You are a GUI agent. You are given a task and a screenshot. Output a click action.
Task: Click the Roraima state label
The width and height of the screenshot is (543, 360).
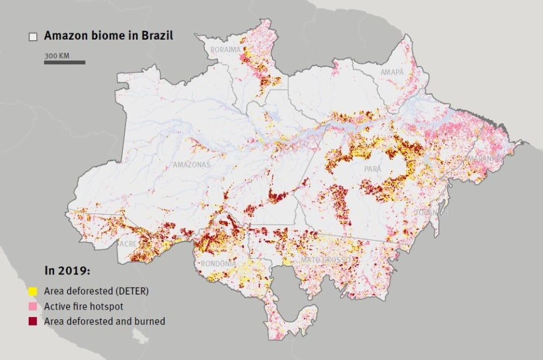(x=226, y=50)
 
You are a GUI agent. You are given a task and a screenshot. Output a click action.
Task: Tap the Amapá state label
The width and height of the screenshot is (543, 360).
(x=392, y=72)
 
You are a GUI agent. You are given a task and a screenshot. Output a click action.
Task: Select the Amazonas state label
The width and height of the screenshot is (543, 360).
(x=192, y=165)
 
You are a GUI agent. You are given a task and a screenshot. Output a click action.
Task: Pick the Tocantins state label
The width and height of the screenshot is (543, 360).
(x=434, y=213)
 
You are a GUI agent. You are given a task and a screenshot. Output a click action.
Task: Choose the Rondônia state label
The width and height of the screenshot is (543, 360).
(x=219, y=264)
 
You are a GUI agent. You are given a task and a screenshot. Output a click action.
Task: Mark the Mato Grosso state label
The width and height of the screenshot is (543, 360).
(x=325, y=261)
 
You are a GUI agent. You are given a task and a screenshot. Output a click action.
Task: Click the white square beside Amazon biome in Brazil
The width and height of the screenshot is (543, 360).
(x=33, y=36)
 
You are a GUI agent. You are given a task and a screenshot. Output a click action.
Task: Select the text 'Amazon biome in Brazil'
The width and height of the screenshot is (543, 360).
(x=108, y=36)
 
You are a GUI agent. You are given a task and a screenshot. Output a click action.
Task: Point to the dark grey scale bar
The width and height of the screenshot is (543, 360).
(x=64, y=62)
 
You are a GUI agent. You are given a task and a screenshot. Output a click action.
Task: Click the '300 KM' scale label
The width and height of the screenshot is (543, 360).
(x=57, y=56)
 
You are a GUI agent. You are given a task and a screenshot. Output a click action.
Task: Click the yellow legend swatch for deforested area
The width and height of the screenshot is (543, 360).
(x=33, y=291)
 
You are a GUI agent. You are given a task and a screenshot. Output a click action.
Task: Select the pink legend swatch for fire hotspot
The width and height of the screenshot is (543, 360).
(x=33, y=306)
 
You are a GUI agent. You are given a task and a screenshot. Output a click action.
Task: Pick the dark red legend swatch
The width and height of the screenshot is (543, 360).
(x=33, y=321)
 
